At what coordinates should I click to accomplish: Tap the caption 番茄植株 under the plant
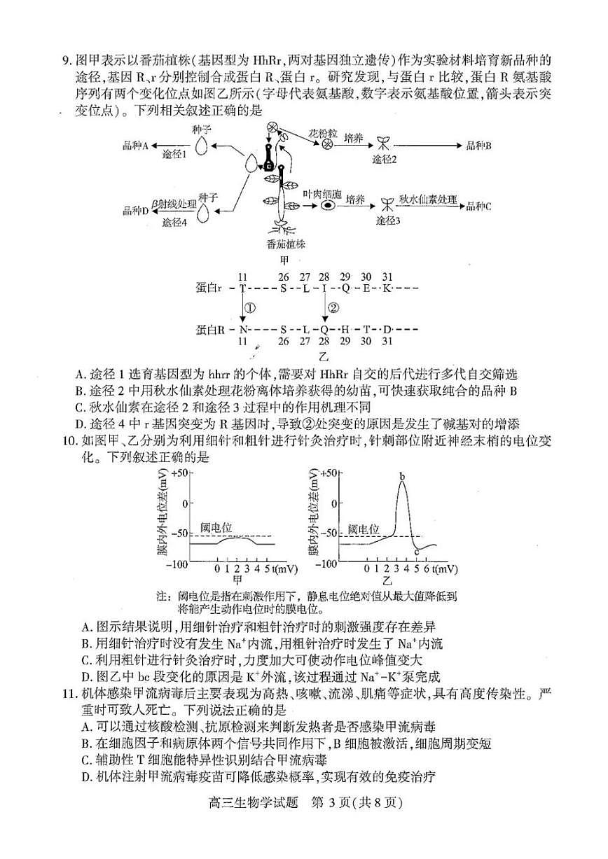(x=286, y=244)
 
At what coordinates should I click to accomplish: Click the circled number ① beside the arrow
(x=250, y=307)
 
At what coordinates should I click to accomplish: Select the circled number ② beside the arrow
(x=333, y=307)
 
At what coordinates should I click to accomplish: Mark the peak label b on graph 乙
(x=403, y=477)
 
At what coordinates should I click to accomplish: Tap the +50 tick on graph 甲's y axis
(x=179, y=473)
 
